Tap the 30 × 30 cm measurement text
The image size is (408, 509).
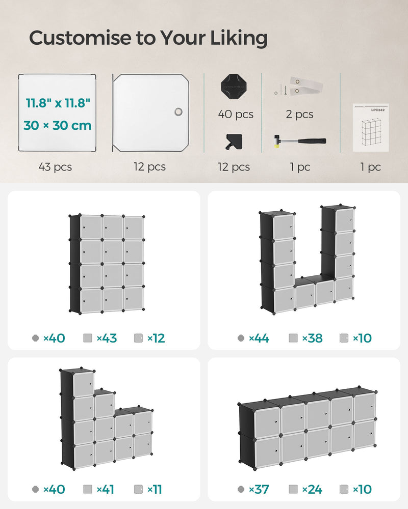point(58,125)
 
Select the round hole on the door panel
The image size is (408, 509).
point(178,112)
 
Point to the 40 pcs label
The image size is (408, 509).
point(236,115)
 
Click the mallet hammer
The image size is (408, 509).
point(300,142)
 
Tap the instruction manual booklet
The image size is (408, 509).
point(371,127)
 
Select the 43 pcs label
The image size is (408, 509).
point(55,167)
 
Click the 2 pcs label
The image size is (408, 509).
point(299,115)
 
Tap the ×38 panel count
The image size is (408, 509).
point(312,338)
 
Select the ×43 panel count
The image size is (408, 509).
point(106,338)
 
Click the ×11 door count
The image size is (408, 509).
point(155,490)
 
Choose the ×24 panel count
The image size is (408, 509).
point(312,490)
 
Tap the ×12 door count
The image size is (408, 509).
point(156,338)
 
